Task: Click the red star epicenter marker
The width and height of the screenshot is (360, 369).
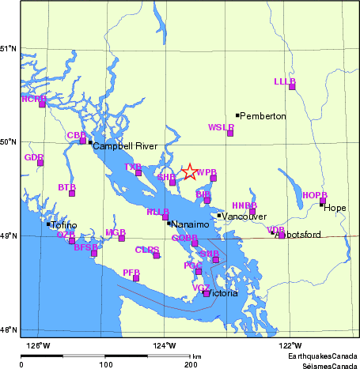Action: pyautogui.click(x=189, y=171)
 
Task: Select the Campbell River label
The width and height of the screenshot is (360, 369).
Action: pyautogui.click(x=125, y=147)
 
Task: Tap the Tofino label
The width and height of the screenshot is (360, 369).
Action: pyautogui.click(x=64, y=225)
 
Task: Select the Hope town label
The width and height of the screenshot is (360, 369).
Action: pyautogui.click(x=335, y=209)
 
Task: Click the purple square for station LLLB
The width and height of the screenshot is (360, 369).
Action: pyautogui.click(x=292, y=86)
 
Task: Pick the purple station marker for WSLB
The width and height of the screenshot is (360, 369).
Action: pyautogui.click(x=230, y=133)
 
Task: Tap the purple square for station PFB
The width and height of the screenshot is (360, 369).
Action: pyautogui.click(x=136, y=278)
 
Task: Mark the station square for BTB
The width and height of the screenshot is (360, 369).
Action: pyautogui.click(x=72, y=193)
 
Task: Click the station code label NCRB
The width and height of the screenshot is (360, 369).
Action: pyautogui.click(x=33, y=99)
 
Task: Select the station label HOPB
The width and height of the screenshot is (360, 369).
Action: pyautogui.click(x=314, y=195)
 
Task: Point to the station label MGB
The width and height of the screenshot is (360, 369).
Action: pyautogui.click(x=116, y=232)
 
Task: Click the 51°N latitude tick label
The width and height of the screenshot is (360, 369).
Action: pyautogui.click(x=9, y=49)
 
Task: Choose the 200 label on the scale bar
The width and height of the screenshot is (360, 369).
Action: pyautogui.click(x=190, y=365)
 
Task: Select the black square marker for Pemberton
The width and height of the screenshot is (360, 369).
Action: pyautogui.click(x=237, y=115)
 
